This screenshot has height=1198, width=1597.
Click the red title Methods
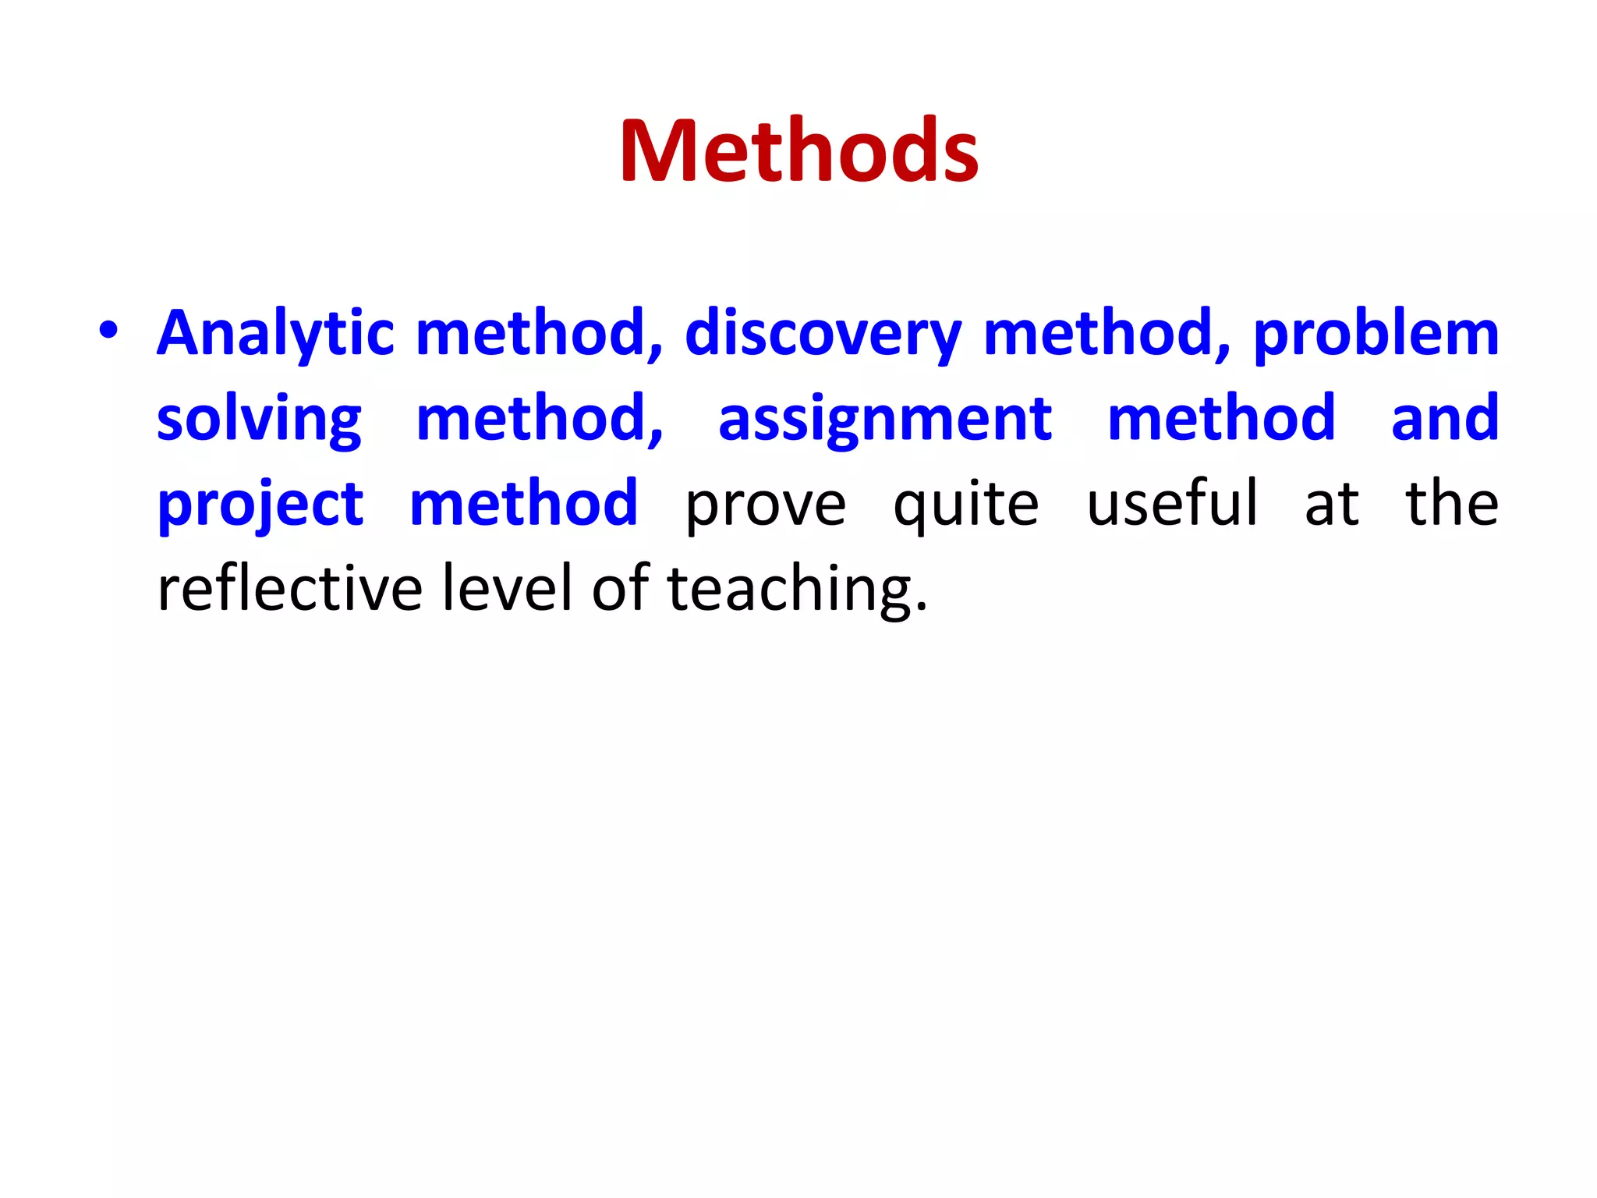[798, 151]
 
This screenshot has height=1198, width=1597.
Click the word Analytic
[275, 334]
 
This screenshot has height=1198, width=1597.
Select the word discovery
[823, 334]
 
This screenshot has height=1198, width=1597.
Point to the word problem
[1376, 334]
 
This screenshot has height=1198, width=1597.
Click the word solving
[259, 420]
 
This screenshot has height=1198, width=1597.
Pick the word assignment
[885, 420]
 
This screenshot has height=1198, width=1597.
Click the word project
[260, 505]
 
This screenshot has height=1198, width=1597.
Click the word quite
[965, 505]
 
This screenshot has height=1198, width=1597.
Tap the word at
[1332, 505]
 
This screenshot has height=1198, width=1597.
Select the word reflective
[290, 588]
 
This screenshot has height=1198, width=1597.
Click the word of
[621, 588]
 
